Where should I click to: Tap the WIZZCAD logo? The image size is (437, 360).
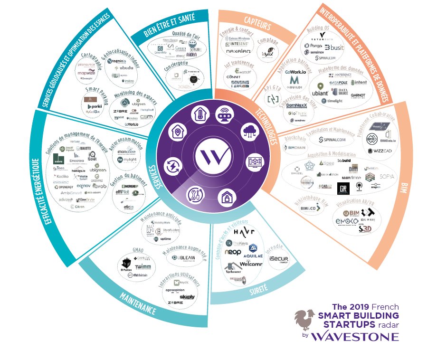point(379,151)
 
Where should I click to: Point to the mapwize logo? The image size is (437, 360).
point(87,74)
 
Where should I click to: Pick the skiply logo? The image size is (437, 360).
point(187,297)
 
